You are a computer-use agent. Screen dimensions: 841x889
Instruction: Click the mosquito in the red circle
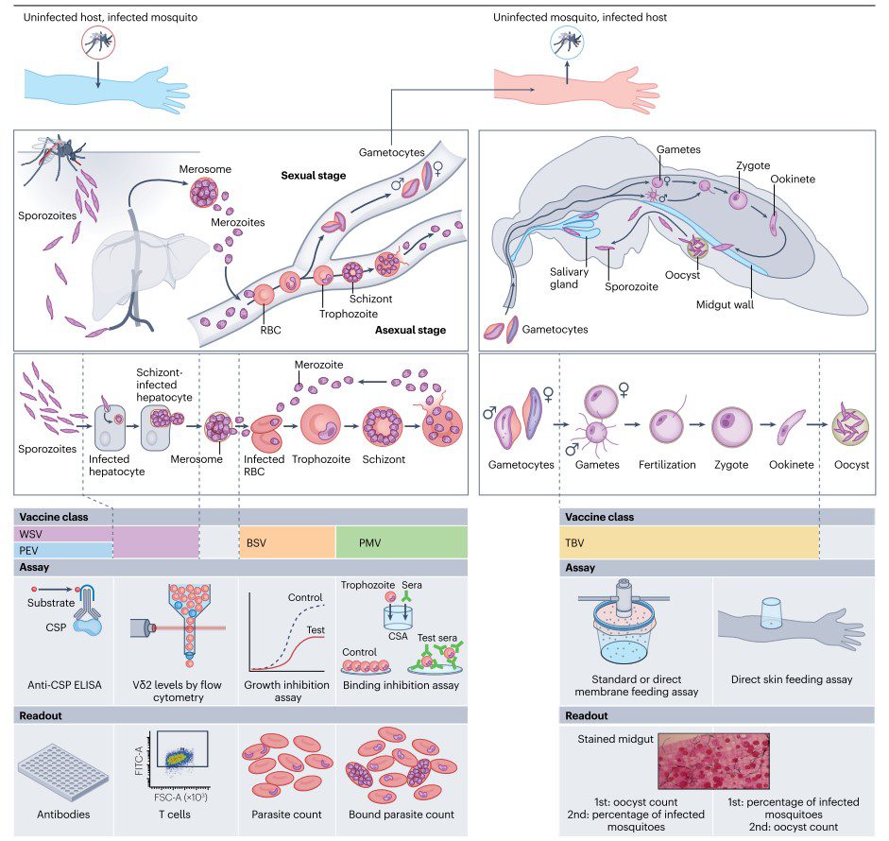click(x=98, y=43)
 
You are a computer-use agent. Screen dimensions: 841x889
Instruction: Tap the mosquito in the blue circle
click(x=567, y=43)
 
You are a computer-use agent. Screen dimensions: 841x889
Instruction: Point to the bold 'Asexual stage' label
click(x=409, y=330)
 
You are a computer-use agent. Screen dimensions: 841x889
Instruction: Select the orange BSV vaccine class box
click(x=287, y=542)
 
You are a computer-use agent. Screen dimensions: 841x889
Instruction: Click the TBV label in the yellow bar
click(x=576, y=542)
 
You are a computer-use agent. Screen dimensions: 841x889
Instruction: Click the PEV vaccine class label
click(x=29, y=550)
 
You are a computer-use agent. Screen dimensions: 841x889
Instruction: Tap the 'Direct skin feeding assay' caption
click(x=792, y=678)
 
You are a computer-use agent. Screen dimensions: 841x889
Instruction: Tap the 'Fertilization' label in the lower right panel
click(x=666, y=465)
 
